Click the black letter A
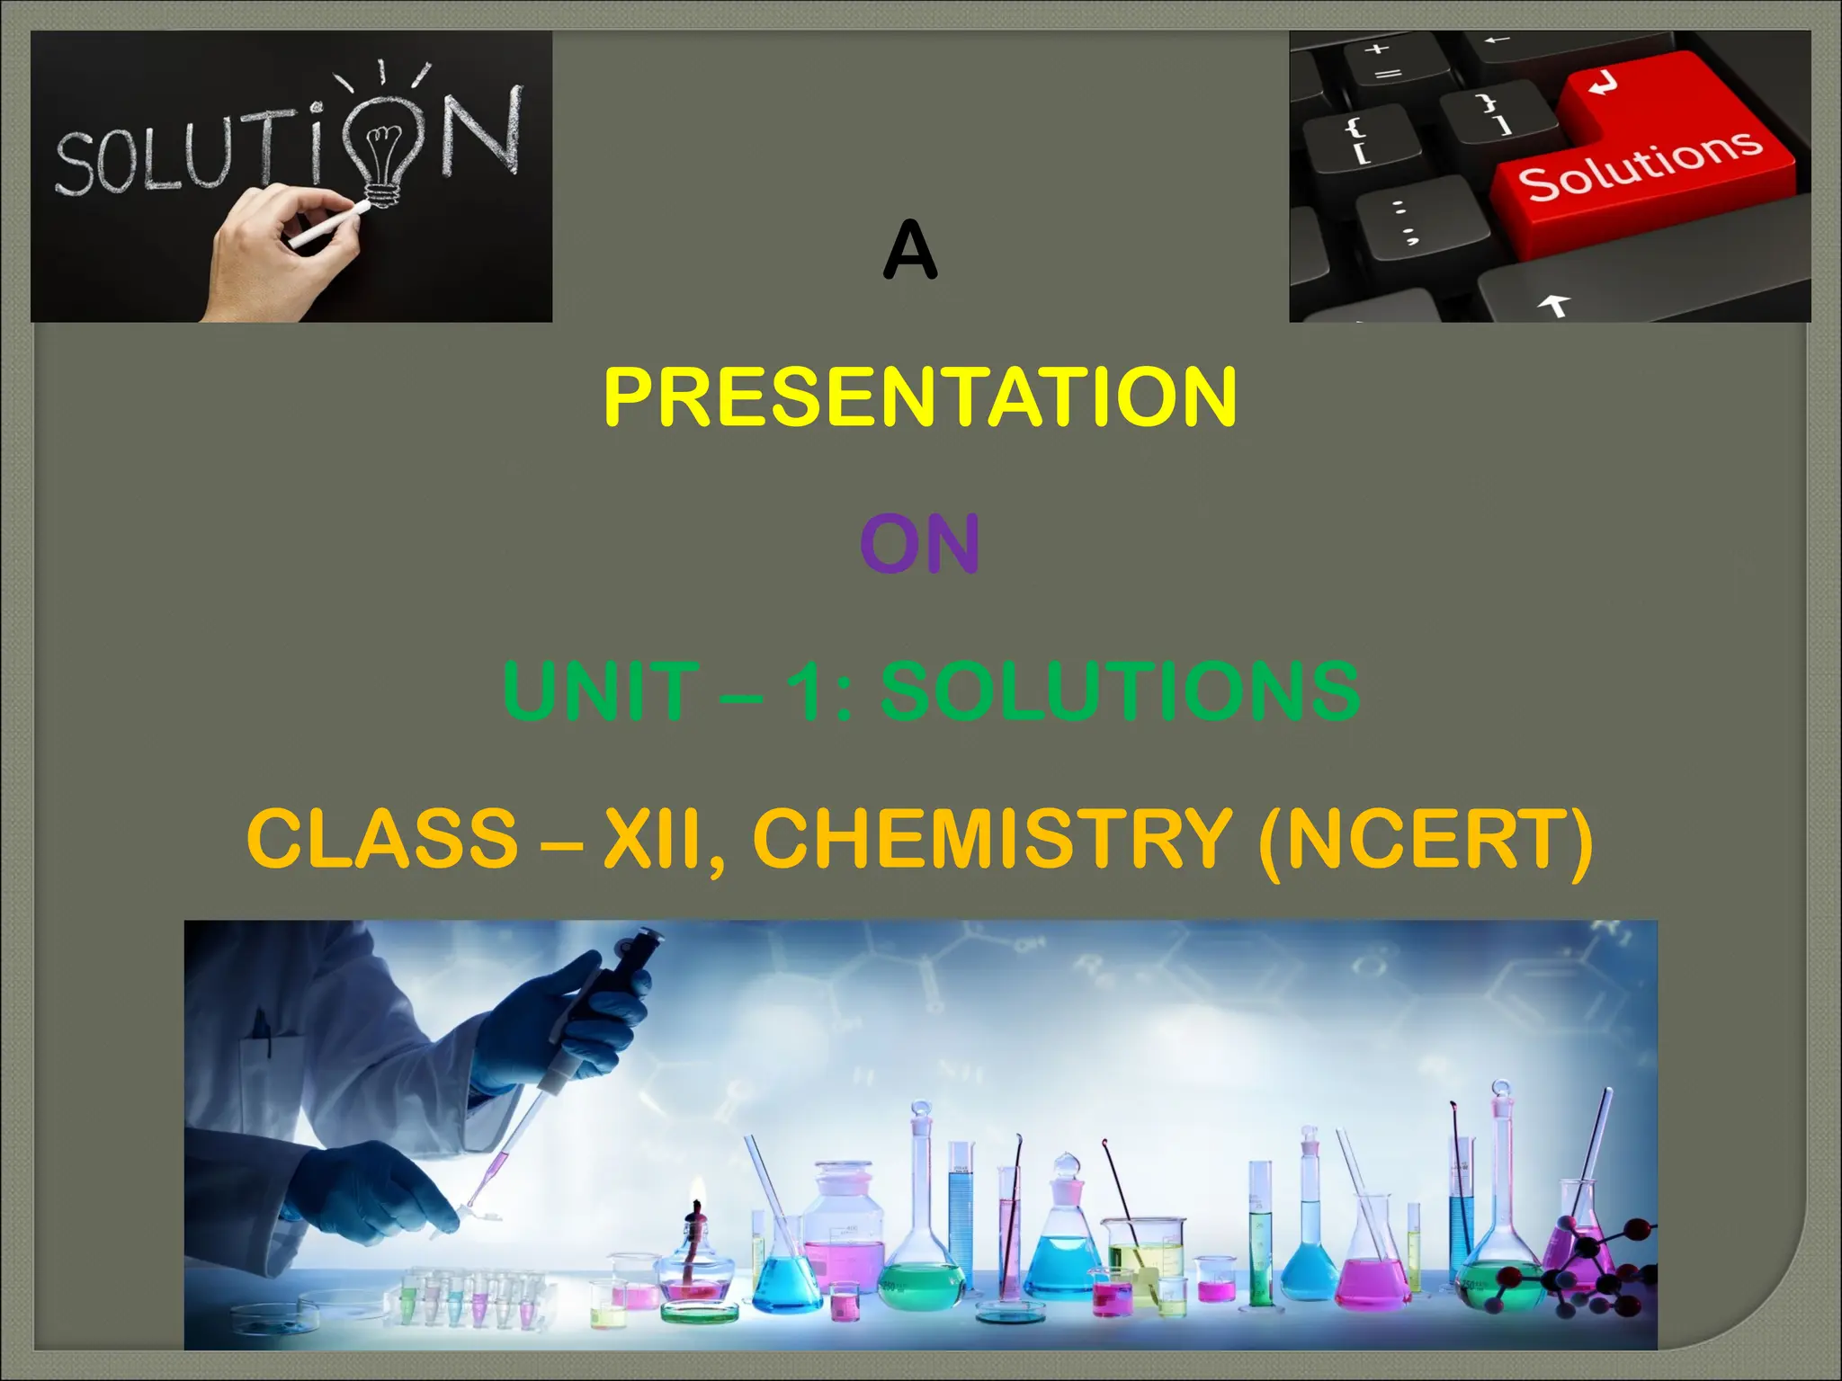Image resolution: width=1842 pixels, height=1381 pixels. pos(910,252)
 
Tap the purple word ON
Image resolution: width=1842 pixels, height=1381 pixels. pos(919,544)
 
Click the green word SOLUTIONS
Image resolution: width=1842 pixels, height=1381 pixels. pos(1120,690)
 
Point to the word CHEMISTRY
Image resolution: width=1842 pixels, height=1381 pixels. pos(992,838)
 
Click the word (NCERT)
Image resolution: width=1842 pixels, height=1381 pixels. pos(1426,840)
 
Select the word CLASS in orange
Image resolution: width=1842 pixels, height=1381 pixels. pos(382,838)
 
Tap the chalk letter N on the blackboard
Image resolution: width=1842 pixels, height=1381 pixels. pos(481,130)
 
